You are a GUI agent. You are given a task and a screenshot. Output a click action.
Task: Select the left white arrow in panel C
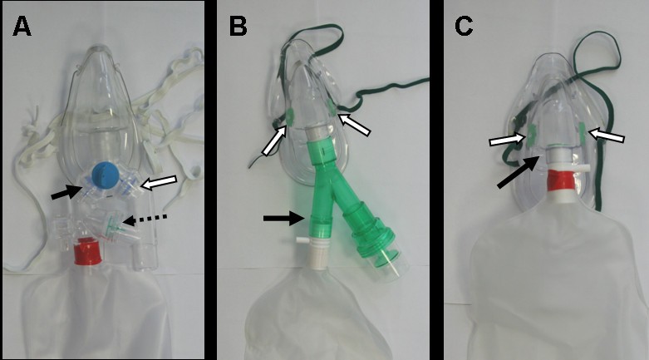coord(505,136)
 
